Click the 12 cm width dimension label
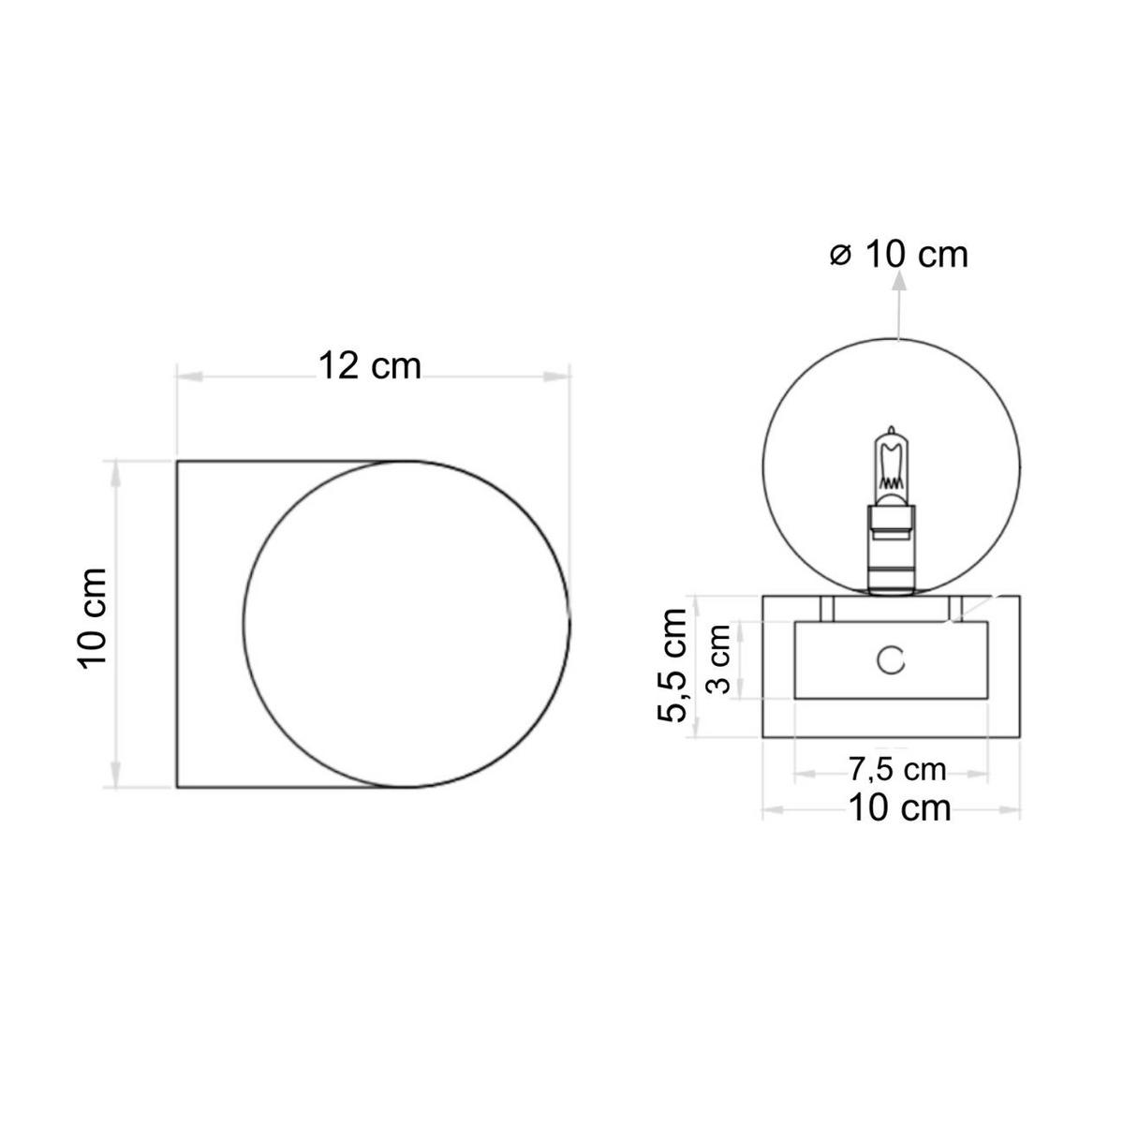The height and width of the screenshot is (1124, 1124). tap(369, 366)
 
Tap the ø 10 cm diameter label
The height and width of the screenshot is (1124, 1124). tap(899, 255)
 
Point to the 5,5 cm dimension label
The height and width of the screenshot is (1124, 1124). tap(672, 665)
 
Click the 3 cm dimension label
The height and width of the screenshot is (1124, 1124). tap(718, 658)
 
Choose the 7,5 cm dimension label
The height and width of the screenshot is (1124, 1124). tap(897, 770)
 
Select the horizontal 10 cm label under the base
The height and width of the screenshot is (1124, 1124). tap(899, 808)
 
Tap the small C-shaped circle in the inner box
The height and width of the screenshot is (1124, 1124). tap(891, 660)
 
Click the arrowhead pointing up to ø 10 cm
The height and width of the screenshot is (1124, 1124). tap(900, 282)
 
